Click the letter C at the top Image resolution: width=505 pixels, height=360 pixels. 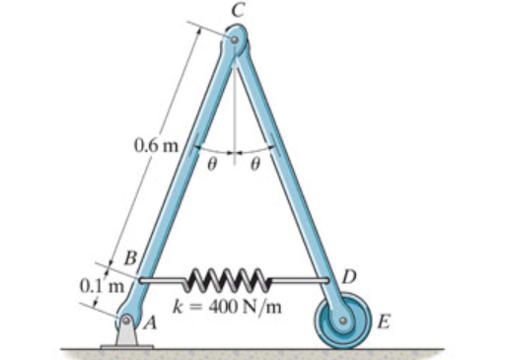[x=238, y=11]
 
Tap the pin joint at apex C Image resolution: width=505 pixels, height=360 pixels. [x=235, y=39]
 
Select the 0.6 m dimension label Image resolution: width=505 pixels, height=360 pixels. [x=156, y=145]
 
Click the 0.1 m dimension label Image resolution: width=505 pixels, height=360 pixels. [x=103, y=286]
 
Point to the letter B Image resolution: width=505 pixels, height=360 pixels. [x=130, y=258]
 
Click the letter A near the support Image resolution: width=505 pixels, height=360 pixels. [x=150, y=324]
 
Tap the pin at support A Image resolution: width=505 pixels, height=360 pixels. [x=126, y=320]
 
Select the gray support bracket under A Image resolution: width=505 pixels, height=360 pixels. [x=126, y=332]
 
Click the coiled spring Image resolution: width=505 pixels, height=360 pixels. [x=229, y=280]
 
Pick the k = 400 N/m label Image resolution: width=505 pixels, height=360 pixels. [x=227, y=308]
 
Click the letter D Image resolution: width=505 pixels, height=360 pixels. [x=349, y=277]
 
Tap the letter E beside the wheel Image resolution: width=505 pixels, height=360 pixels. [x=384, y=322]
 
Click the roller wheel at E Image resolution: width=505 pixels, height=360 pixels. [x=343, y=321]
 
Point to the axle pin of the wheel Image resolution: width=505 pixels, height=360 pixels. [x=343, y=321]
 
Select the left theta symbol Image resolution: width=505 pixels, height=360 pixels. [x=212, y=164]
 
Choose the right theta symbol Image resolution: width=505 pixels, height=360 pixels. [x=255, y=164]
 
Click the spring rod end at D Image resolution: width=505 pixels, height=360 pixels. [x=326, y=280]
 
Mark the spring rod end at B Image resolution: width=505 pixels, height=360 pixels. [x=141, y=280]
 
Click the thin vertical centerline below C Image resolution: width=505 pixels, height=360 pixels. [x=235, y=106]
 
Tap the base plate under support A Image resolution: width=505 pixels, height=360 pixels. [x=126, y=347]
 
